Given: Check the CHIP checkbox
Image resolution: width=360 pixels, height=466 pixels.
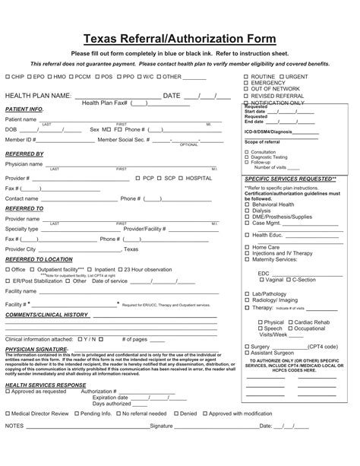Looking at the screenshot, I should point(8,78).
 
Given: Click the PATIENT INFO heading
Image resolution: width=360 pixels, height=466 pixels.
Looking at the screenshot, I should point(24,109).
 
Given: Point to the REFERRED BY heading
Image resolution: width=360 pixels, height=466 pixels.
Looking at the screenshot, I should point(24,154).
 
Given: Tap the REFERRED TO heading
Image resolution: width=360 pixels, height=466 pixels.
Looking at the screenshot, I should point(24,208).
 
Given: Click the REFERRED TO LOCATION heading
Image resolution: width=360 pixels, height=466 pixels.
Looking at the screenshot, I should point(39,259).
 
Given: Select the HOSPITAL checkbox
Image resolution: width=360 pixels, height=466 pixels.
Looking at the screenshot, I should point(178,178).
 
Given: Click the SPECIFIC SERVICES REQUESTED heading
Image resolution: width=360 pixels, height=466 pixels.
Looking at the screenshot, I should point(291,179).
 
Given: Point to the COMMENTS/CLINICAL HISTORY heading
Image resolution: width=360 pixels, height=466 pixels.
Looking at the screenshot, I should point(47,314).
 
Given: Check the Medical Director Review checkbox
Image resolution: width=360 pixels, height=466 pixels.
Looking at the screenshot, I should point(8,414).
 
